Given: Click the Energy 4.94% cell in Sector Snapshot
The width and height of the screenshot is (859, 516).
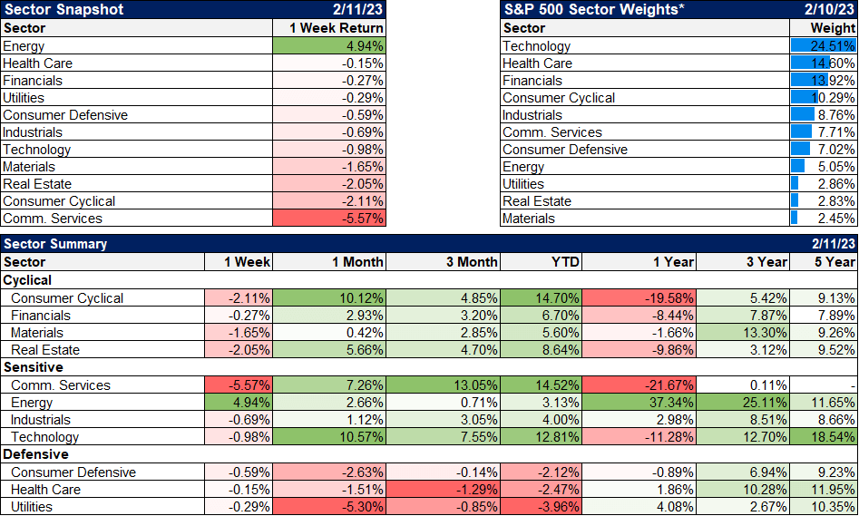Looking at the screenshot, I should [x=363, y=46].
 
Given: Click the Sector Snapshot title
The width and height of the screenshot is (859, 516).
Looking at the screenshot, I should [x=63, y=10].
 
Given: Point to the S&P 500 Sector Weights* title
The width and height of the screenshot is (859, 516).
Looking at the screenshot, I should [x=593, y=10].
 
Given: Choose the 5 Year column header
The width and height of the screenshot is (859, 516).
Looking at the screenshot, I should [x=835, y=262].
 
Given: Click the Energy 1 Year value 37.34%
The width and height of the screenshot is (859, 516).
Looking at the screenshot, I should [x=671, y=403].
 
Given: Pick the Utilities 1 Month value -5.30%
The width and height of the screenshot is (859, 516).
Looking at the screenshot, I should [x=363, y=506].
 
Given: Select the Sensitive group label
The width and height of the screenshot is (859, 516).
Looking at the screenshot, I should [x=34, y=367].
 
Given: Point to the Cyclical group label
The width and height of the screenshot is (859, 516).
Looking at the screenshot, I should [x=28, y=280].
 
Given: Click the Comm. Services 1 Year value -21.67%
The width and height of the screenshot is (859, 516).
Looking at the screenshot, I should [x=671, y=385].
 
